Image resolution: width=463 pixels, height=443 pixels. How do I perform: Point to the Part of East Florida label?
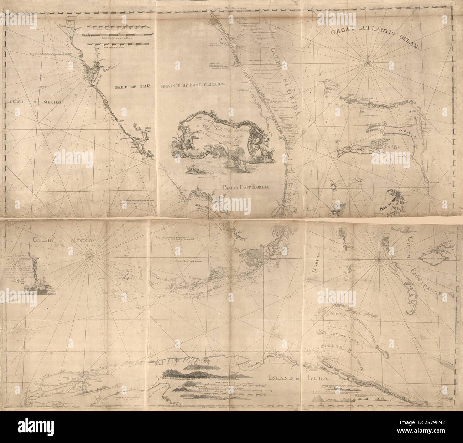click(246, 187)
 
